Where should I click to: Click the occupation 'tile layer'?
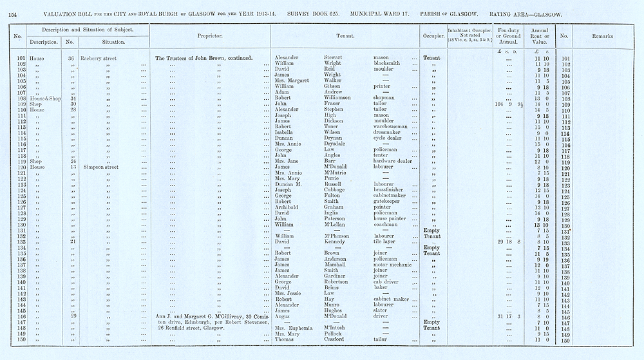tap(385, 242)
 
